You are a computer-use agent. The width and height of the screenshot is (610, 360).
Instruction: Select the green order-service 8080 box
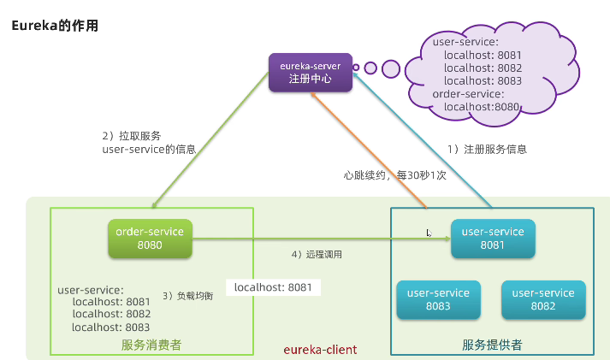(150, 237)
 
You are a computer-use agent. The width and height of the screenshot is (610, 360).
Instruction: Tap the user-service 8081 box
(494, 238)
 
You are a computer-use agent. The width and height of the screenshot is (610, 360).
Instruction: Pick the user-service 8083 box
(438, 299)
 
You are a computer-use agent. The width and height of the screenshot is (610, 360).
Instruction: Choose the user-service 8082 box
(542, 299)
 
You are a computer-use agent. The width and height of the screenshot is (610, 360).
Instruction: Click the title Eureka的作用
(55, 26)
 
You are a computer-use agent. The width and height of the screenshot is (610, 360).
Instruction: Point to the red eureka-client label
(320, 350)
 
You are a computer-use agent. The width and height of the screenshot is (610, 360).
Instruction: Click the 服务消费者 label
(151, 345)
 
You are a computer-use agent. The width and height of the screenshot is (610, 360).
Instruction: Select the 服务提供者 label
(492, 345)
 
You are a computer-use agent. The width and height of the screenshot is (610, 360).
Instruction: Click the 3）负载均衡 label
(188, 296)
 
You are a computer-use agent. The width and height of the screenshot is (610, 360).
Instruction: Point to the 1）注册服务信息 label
(488, 148)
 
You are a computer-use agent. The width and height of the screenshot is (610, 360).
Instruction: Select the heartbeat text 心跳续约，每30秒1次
(394, 174)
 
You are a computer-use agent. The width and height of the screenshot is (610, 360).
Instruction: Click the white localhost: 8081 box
(273, 287)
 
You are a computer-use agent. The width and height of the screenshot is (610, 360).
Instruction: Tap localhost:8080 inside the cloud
(483, 107)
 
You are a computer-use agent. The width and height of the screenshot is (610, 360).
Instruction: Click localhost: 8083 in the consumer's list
(111, 327)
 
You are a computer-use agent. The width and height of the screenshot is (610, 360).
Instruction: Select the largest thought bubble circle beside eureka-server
(391, 68)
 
